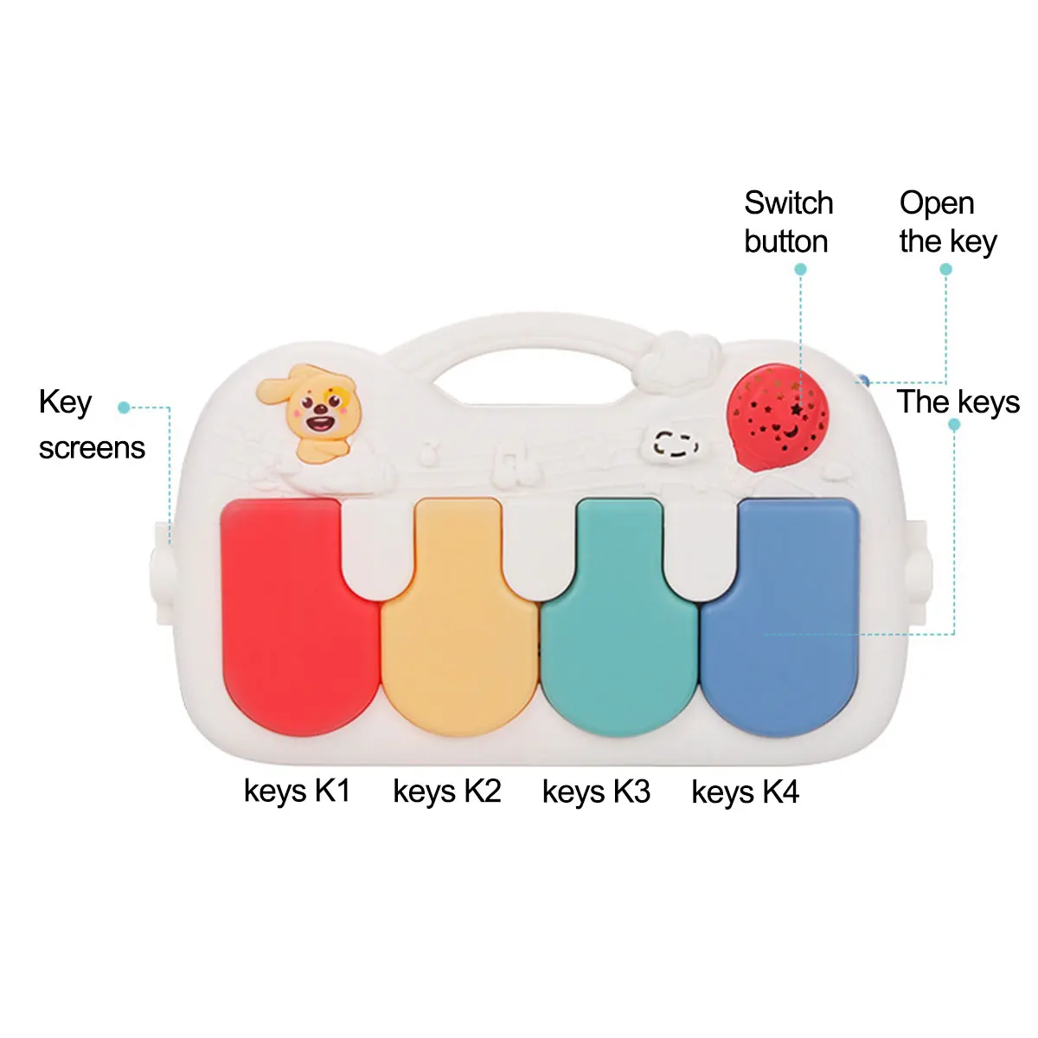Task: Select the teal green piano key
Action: point(618,623)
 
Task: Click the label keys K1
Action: point(297,791)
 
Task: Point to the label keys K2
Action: point(446,791)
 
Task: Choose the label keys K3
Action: point(596,791)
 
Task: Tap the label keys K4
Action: point(745,791)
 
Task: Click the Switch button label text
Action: point(788,222)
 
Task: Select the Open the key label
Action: point(947,222)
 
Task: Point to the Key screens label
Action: point(91,425)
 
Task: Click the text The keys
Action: point(958,402)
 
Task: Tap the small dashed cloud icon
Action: point(675,444)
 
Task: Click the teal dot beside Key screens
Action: point(124,407)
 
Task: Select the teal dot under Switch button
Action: point(800,270)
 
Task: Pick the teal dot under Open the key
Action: point(945,270)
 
